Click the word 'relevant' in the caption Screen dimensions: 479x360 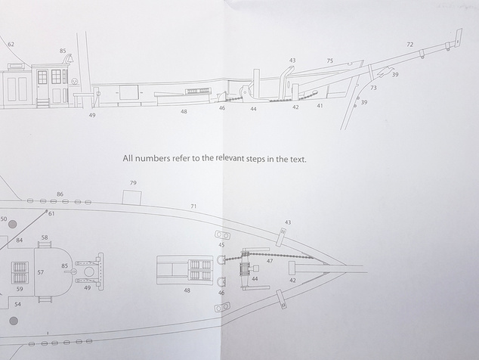tap(230, 158)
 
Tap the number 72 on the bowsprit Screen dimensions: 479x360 tap(410, 45)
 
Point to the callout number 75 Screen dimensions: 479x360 tap(330, 61)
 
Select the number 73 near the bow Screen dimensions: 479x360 tap(373, 88)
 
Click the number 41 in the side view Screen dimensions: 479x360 tap(320, 106)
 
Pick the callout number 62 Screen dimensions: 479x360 tap(11, 45)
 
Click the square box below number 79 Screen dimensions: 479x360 tap(132, 197)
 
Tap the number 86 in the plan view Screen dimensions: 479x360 tap(60, 194)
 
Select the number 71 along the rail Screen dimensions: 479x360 tap(193, 206)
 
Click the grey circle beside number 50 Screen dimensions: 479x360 tap(13, 225)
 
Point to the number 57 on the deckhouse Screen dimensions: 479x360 tap(41, 272)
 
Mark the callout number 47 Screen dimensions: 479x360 tap(270, 261)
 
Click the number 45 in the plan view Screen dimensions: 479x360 tap(221, 245)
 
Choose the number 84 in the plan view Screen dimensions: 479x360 tap(19, 241)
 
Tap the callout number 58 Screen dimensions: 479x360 tap(45, 237)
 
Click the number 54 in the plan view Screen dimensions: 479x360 tap(17, 304)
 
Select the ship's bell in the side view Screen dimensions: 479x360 tap(70, 57)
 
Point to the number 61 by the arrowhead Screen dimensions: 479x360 tap(51, 213)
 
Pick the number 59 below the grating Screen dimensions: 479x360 tap(19, 289)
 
